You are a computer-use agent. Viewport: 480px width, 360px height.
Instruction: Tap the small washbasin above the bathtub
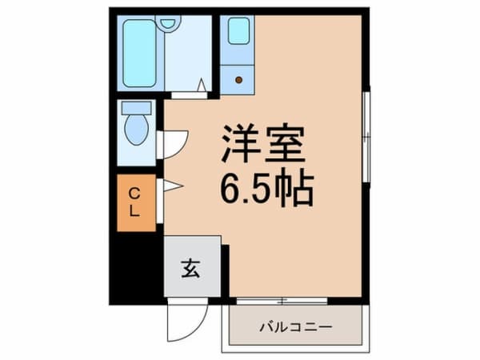(x=168, y=22)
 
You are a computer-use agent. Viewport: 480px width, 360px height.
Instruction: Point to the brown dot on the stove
(x=238, y=78)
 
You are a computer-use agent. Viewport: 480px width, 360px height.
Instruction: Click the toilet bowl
(x=136, y=130)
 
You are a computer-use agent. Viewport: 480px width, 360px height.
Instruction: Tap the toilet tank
(x=136, y=108)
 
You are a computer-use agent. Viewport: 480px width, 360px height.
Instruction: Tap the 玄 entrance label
(x=192, y=269)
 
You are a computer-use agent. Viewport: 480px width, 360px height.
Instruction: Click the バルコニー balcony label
(x=294, y=327)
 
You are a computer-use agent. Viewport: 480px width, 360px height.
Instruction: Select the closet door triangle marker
(x=172, y=186)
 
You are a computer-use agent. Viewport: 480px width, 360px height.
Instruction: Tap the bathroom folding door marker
(x=200, y=85)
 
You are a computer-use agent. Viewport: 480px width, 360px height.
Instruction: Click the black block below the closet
(x=134, y=268)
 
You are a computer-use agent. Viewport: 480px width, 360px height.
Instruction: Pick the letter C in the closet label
(x=135, y=193)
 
